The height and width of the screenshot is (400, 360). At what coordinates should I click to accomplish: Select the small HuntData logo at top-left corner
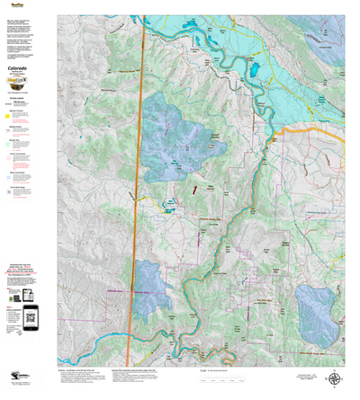[15, 4]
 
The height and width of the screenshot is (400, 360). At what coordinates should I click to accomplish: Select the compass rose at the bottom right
[337, 380]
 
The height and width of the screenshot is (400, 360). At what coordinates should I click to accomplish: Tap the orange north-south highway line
[140, 180]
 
